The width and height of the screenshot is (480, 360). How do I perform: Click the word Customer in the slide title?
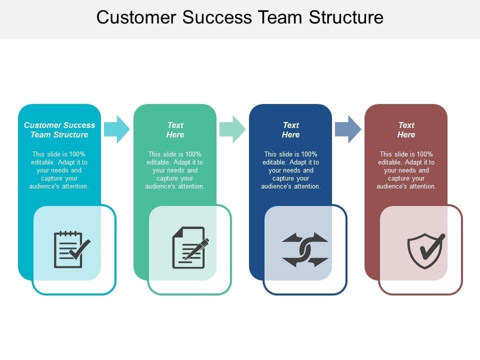tap(136, 17)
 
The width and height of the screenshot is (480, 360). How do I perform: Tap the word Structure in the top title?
tap(346, 17)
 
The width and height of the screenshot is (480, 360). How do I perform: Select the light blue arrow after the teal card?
tap(117, 129)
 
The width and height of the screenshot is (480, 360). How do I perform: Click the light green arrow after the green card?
tap(232, 129)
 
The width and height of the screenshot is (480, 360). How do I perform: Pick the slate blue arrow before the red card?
tap(348, 129)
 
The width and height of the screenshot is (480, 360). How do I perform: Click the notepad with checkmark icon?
tap(72, 249)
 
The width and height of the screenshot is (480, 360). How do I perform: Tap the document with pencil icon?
tap(190, 247)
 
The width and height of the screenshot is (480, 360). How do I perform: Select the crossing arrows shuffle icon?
tap(305, 249)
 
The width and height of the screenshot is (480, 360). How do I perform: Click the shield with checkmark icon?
tap(426, 250)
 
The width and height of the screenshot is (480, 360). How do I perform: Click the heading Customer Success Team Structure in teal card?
tap(59, 130)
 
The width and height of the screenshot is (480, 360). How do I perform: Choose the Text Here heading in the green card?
tap(175, 130)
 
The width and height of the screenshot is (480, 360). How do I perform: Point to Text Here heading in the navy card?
tap(290, 130)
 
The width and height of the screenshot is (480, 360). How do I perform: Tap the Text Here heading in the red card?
tap(406, 130)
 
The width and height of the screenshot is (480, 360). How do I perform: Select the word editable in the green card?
tap(157, 162)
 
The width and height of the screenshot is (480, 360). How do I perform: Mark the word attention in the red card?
tap(423, 186)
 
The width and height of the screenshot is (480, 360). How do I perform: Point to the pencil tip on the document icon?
tap(185, 258)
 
